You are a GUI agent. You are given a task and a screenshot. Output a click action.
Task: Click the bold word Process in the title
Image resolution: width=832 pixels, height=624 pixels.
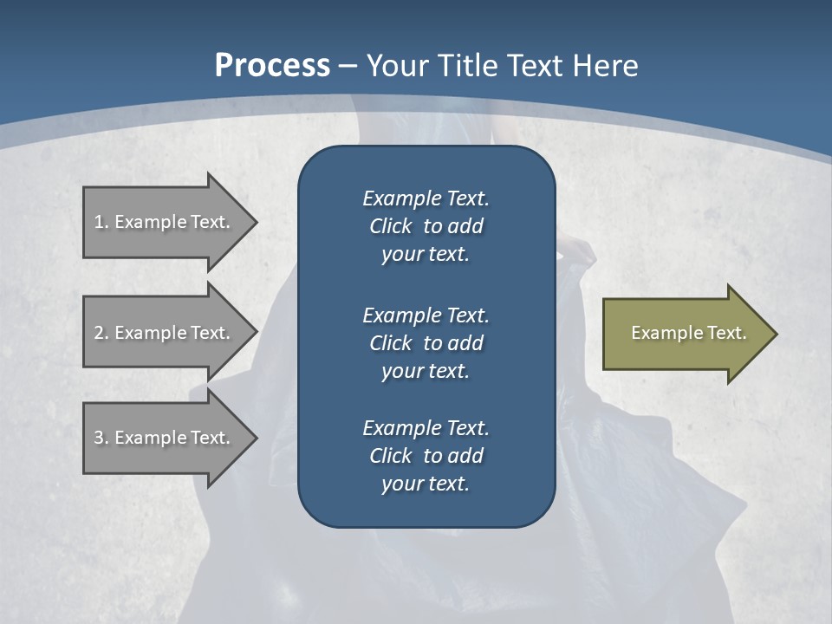tap(272, 66)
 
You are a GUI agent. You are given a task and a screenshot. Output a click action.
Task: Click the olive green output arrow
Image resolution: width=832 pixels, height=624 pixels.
tap(685, 334)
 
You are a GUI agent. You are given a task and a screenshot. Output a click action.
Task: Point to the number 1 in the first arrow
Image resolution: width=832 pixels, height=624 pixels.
tap(100, 222)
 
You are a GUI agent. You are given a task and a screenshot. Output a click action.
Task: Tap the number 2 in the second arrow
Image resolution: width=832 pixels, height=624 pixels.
tap(100, 333)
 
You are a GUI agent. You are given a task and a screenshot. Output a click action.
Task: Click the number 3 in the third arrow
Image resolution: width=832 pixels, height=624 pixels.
tap(100, 438)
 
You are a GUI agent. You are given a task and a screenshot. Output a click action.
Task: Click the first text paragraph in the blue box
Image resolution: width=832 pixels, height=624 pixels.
tap(426, 226)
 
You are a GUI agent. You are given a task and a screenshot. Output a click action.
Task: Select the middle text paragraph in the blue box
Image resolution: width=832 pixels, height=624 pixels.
tap(426, 342)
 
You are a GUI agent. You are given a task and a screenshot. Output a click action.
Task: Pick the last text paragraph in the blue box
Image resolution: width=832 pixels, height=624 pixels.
tap(426, 456)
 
